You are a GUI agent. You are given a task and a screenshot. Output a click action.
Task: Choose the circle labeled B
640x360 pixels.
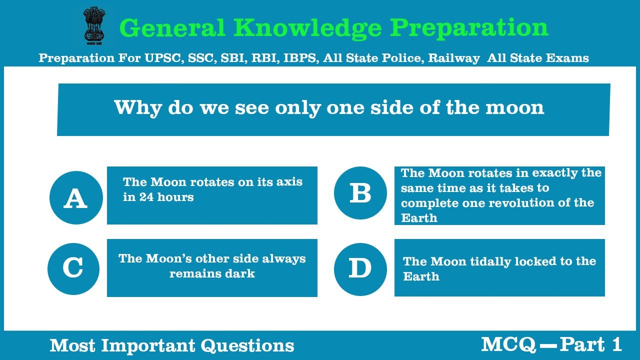[x=360, y=193]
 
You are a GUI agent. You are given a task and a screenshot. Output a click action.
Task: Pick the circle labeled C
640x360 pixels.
[x=73, y=268]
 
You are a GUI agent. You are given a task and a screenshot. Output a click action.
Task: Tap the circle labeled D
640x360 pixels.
[x=360, y=269]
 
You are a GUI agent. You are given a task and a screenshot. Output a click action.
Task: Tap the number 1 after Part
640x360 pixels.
[x=616, y=344]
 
